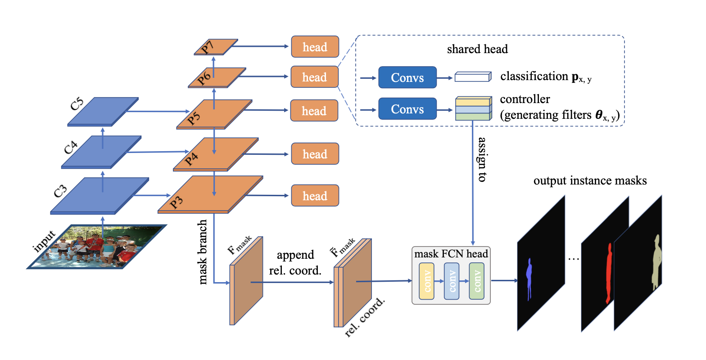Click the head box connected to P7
click(x=315, y=47)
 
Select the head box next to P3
click(x=315, y=196)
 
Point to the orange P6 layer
click(x=217, y=77)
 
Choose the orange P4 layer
click(x=216, y=154)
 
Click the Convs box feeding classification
click(x=407, y=77)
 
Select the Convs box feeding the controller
click(x=407, y=109)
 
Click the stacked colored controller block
click(x=473, y=108)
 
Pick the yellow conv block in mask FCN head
click(x=427, y=281)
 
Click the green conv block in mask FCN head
click(x=477, y=281)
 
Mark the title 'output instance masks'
click(x=590, y=181)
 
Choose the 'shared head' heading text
click(x=477, y=49)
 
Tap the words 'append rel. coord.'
click(x=295, y=262)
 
